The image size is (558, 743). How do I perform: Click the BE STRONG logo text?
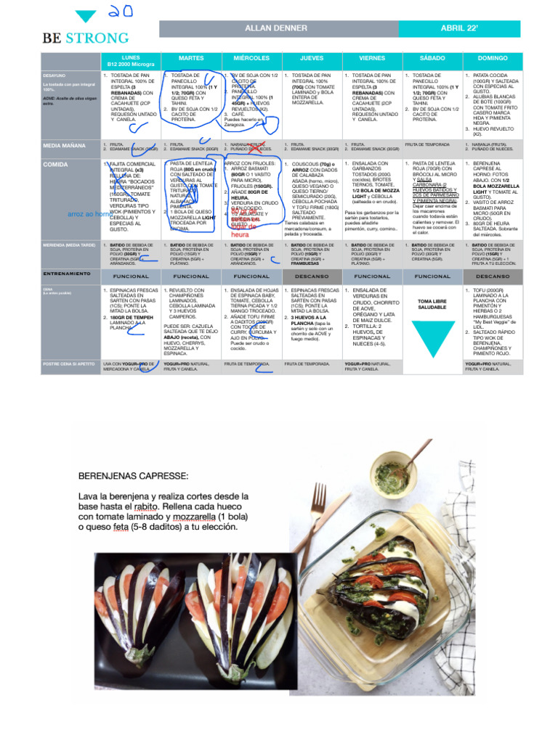pyautogui.click(x=85, y=38)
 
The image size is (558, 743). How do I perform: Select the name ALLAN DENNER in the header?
pyautogui.click(x=278, y=28)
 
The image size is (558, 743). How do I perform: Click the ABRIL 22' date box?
pyautogui.click(x=459, y=28)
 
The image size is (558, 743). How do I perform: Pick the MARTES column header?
pyautogui.click(x=191, y=58)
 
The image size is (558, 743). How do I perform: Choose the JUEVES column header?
pyautogui.click(x=312, y=58)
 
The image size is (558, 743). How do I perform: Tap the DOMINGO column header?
pyautogui.click(x=493, y=58)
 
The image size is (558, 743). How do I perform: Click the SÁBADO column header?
pyautogui.click(x=432, y=58)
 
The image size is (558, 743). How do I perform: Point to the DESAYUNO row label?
pyautogui.click(x=54, y=75)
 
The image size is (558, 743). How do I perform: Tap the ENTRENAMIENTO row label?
pyautogui.click(x=67, y=274)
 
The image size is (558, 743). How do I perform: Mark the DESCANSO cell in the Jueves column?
pyautogui.click(x=312, y=276)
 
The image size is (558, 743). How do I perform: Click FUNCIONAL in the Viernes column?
pyautogui.click(x=372, y=276)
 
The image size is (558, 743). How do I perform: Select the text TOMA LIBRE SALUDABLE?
pyautogui.click(x=432, y=303)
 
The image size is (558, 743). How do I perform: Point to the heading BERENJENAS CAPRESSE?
pyautogui.click(x=133, y=476)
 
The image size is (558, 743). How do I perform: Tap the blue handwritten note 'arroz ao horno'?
pyautogui.click(x=89, y=215)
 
